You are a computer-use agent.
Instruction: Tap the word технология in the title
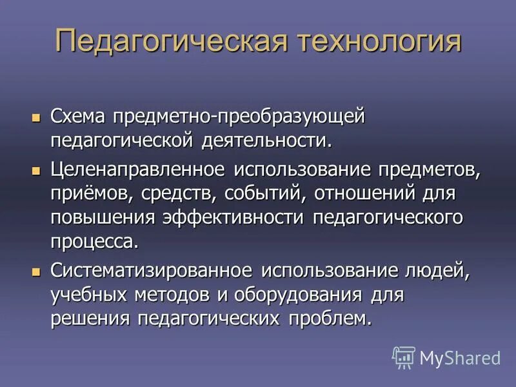[379, 41]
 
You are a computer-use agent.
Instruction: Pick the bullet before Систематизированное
[35, 270]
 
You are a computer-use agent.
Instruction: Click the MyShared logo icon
[404, 357]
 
